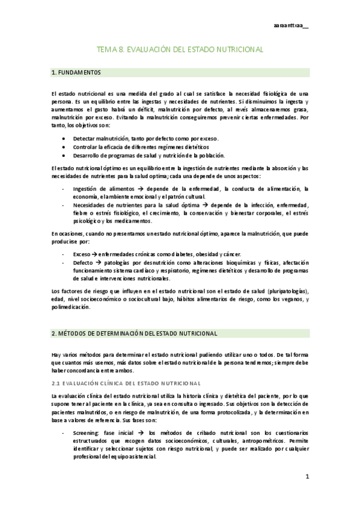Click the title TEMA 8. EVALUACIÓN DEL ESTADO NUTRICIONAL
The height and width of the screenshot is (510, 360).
[x=180, y=52]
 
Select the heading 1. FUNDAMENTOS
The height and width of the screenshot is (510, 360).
[x=77, y=73]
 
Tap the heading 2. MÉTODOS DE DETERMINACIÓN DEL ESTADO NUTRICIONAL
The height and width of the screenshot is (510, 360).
[x=134, y=333]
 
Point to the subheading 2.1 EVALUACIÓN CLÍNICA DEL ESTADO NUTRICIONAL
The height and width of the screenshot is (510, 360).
[x=126, y=382]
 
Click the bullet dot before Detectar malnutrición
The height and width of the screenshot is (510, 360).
[x=64, y=138]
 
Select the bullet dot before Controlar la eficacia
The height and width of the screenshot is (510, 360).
[x=64, y=146]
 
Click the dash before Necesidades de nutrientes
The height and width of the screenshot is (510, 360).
[x=64, y=204]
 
